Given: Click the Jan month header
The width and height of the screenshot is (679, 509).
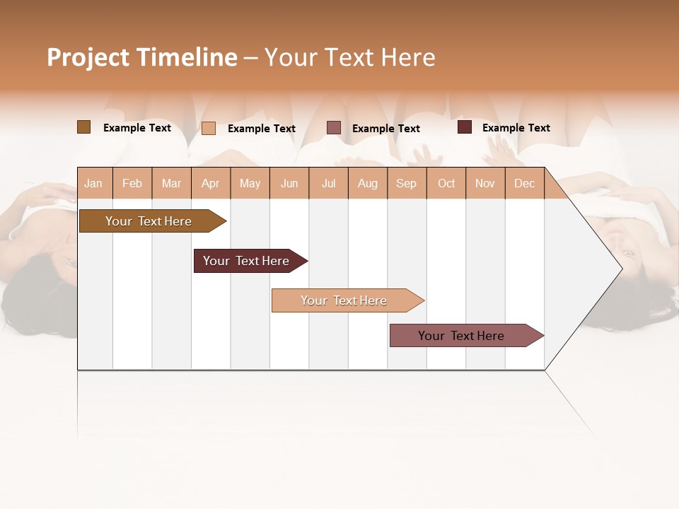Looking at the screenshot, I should pos(94,183).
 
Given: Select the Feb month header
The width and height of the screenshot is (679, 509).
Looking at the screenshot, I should pos(132,183).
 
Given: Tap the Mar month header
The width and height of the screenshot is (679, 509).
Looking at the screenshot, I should pos(171,183).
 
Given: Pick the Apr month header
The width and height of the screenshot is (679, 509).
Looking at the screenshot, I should pos(211,183).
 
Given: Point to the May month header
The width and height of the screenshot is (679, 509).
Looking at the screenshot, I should pos(250,183).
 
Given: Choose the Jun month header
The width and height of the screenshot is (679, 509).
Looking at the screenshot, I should pos(289,183).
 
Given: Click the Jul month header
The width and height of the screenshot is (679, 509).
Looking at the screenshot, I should pos(328,183).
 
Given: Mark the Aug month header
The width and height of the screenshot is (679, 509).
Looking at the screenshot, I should pos(368,183).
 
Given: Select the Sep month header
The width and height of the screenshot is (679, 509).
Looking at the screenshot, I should pos(407,183).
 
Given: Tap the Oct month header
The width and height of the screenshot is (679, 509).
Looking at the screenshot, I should pos(446,183).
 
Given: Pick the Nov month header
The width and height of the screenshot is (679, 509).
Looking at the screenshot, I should pos(485,183).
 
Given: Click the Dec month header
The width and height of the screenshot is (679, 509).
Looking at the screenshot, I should pos(525,183).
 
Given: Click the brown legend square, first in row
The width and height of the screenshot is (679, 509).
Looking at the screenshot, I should pos(83,127).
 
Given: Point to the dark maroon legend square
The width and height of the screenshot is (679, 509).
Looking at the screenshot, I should pos(465,127).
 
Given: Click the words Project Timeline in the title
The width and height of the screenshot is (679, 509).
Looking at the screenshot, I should pos(142,57).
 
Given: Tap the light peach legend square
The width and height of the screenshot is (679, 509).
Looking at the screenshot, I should pos(209,128).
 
